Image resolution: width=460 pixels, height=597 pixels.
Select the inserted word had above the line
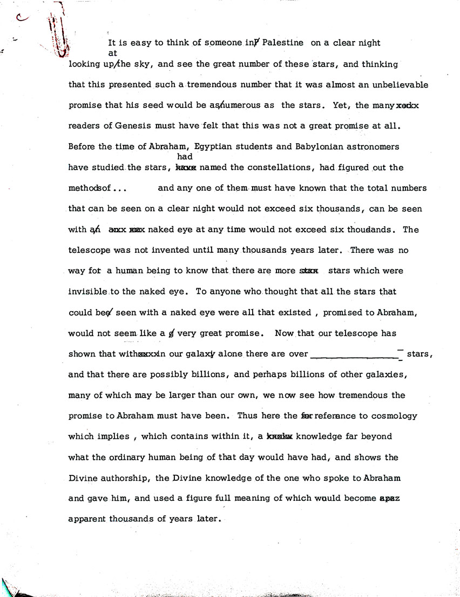(x=185, y=157)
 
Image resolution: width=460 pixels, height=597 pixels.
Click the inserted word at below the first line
(x=112, y=53)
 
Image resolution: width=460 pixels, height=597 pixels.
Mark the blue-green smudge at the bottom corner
(x=11, y=587)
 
